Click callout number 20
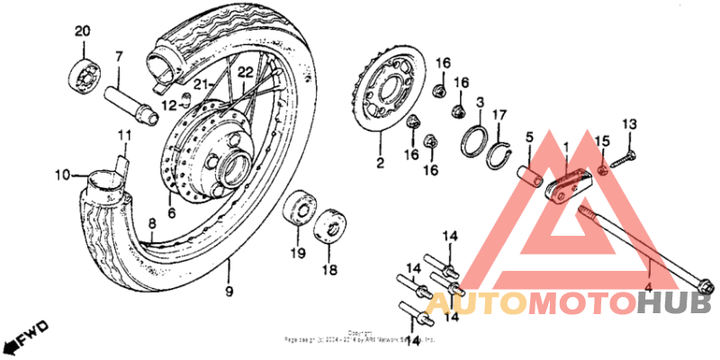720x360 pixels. (x=83, y=32)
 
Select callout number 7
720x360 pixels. (x=118, y=58)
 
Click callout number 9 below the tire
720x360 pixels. (x=229, y=291)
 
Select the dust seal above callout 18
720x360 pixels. (x=329, y=224)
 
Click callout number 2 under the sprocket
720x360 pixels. (x=380, y=164)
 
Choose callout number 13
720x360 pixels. (x=629, y=123)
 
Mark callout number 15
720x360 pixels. (x=604, y=140)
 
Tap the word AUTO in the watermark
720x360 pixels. (x=476, y=305)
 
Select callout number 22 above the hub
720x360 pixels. (x=244, y=72)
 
